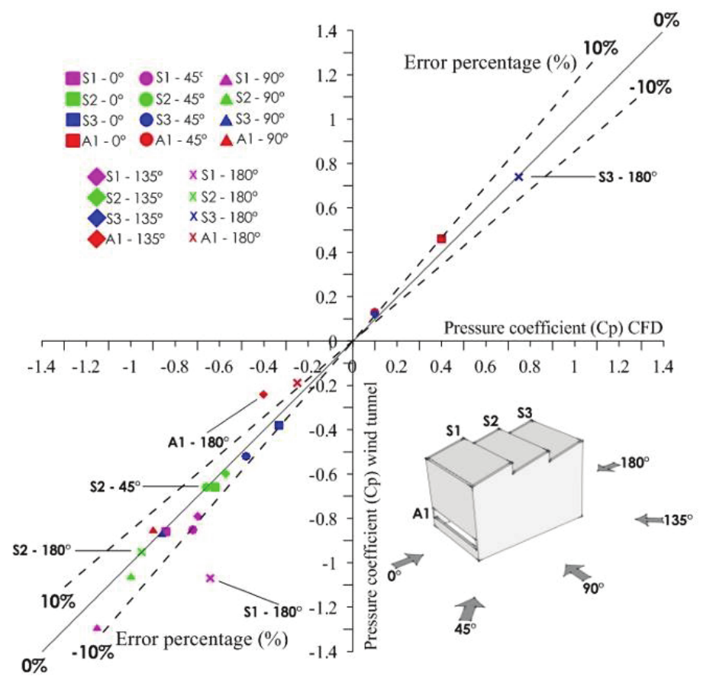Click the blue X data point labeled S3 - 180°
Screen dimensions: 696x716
pyautogui.click(x=519, y=176)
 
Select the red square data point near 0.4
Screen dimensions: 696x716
pyautogui.click(x=441, y=239)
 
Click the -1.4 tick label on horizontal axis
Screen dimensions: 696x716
pyautogui.click(x=40, y=367)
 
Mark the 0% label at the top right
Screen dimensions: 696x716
pyautogui.click(x=666, y=19)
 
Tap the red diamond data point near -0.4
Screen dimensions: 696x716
pyautogui.click(x=263, y=395)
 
